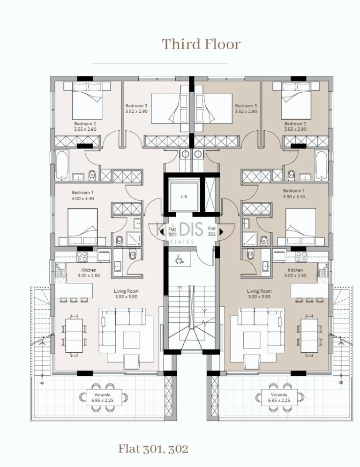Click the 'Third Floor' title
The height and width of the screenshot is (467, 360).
point(201,44)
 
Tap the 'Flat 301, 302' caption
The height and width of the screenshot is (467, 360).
point(153,448)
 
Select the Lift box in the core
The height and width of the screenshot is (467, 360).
point(184,196)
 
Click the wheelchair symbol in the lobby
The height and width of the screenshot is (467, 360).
point(179,258)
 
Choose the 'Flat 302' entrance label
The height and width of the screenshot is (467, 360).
point(211,231)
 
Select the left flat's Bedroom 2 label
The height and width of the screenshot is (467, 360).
point(85,126)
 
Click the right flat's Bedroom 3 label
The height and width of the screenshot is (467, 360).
point(246,109)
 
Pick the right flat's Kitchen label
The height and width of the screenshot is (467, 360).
point(295,273)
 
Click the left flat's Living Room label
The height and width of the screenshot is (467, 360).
point(126,294)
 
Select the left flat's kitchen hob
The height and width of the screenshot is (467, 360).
point(82,256)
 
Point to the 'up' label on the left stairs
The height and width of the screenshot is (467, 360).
point(42,382)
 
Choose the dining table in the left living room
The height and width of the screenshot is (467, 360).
point(73,334)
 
